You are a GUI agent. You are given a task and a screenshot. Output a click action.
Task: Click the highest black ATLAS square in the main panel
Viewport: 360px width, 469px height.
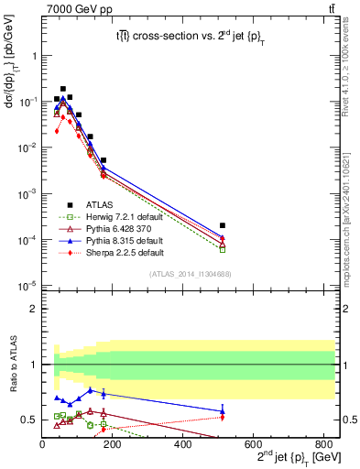(x=62, y=89)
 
